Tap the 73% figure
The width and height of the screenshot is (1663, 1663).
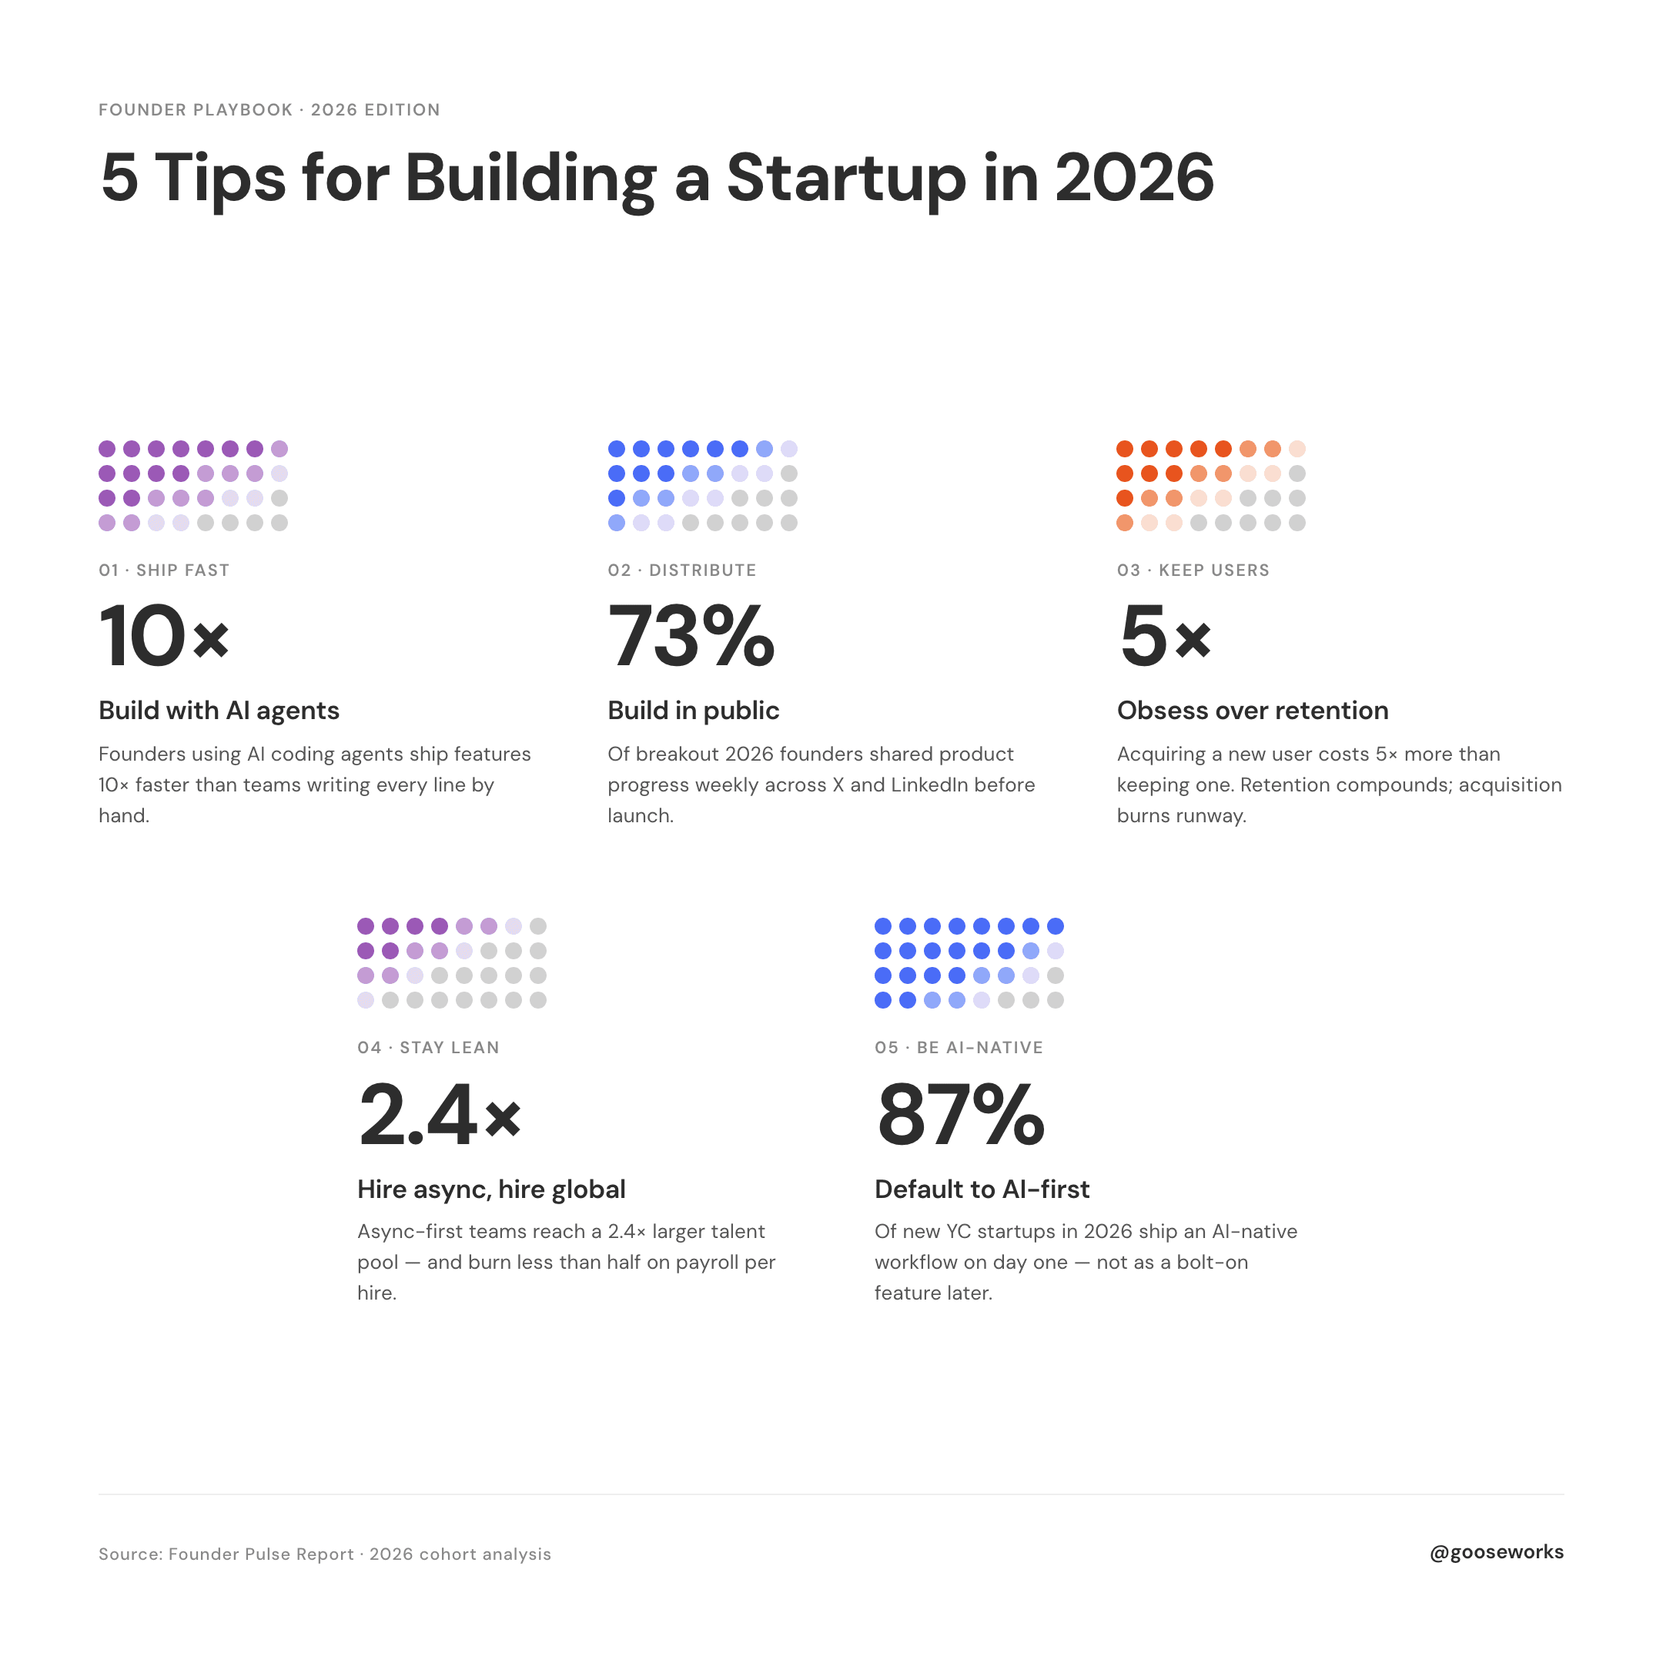coord(691,636)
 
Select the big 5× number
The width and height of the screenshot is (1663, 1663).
coord(1166,636)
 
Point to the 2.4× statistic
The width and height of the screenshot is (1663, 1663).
coord(440,1115)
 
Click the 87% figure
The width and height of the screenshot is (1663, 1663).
coord(961,1115)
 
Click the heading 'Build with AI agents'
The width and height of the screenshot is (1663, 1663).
coord(219,711)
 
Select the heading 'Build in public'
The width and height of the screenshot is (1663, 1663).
coord(693,711)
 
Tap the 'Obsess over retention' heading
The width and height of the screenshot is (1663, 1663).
coord(1253,711)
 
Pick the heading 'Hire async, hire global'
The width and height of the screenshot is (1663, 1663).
coord(491,1190)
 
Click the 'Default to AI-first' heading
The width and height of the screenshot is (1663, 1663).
coord(982,1190)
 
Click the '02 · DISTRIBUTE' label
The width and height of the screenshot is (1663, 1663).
coord(681,570)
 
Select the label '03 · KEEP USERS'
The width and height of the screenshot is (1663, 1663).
coord(1193,570)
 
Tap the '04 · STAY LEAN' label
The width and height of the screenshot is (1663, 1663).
coord(429,1048)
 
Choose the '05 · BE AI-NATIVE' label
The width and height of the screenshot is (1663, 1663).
coord(959,1048)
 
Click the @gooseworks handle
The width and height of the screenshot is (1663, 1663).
coord(1497,1553)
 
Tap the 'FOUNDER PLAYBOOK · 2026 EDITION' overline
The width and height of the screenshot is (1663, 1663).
coord(269,110)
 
